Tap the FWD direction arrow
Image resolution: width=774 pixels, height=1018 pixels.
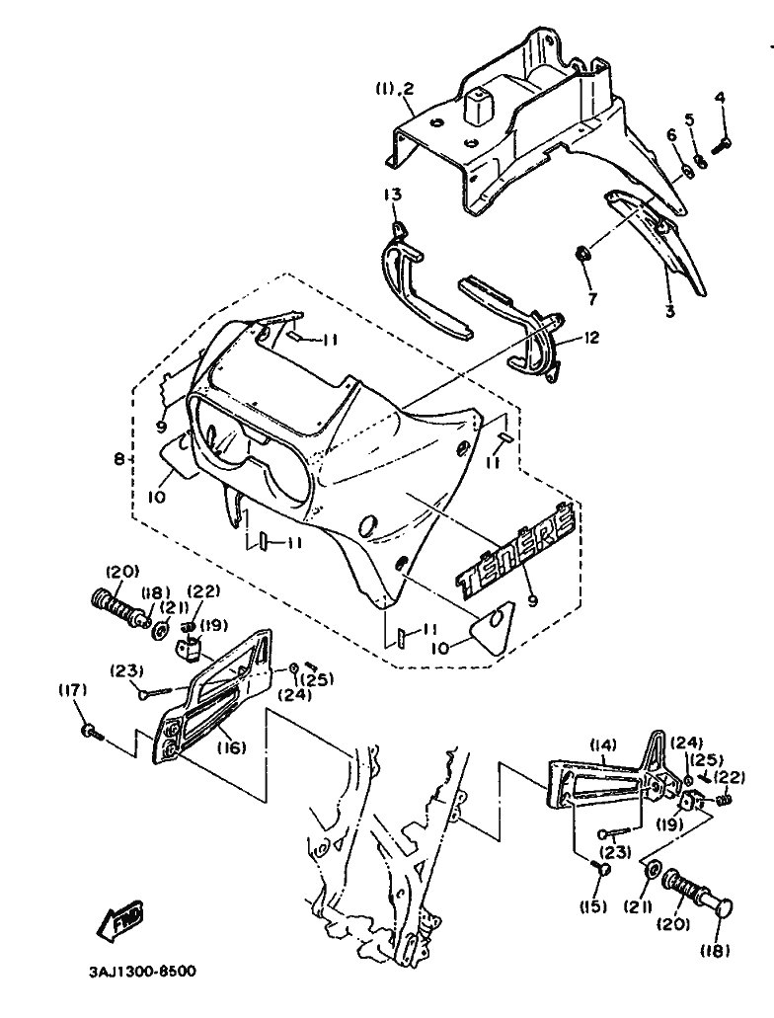click(x=120, y=920)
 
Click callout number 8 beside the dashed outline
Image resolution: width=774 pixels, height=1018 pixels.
click(x=118, y=460)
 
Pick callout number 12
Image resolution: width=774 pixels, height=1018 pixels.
click(x=591, y=338)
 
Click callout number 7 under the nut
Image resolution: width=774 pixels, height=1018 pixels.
click(x=591, y=299)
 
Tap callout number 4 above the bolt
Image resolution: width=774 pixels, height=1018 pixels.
click(x=720, y=98)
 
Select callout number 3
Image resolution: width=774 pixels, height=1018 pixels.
click(x=669, y=312)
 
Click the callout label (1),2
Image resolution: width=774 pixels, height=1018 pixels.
click(x=394, y=90)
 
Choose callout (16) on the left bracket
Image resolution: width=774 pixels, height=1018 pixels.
click(x=231, y=748)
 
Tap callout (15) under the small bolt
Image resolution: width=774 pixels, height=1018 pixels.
click(x=593, y=906)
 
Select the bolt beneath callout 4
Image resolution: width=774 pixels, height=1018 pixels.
click(x=720, y=144)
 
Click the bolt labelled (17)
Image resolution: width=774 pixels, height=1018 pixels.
click(x=92, y=733)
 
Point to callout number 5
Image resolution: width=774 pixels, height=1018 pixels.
click(x=689, y=119)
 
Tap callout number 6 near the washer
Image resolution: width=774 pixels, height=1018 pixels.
click(x=671, y=135)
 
